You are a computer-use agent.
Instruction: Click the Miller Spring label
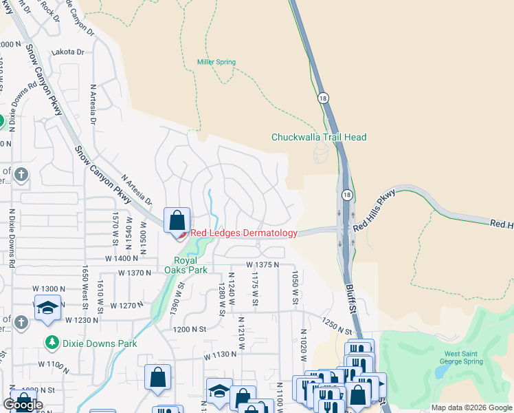click(x=216, y=62)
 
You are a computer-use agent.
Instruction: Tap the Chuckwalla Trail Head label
click(x=318, y=137)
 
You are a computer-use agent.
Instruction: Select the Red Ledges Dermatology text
click(x=243, y=233)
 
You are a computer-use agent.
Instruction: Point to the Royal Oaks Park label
click(x=185, y=266)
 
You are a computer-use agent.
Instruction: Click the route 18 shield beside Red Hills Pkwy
click(x=346, y=195)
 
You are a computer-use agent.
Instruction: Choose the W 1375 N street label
click(x=263, y=264)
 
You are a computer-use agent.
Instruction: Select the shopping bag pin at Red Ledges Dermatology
click(x=177, y=221)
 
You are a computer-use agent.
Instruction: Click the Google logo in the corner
click(x=22, y=405)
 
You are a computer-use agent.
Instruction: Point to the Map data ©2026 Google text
click(x=471, y=407)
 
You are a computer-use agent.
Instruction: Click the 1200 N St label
click(x=190, y=330)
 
